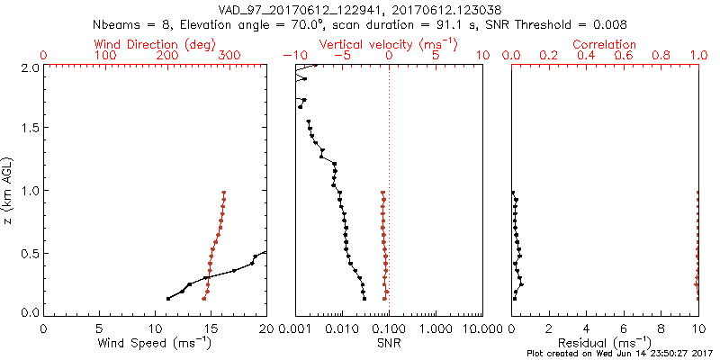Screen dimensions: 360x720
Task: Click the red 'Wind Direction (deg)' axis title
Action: point(155,44)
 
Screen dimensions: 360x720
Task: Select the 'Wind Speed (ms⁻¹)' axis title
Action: point(155,343)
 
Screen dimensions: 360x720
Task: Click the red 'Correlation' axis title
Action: point(605,44)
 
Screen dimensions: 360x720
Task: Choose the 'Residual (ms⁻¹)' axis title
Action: point(605,343)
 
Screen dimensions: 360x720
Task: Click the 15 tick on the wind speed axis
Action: point(211,328)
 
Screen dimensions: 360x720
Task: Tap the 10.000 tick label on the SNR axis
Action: point(482,328)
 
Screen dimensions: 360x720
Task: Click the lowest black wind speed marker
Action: point(168,299)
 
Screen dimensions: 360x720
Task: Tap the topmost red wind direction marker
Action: point(224,193)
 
